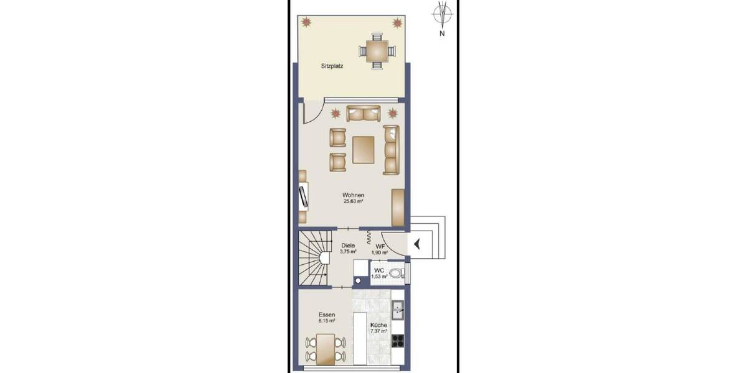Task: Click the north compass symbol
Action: point(442,14)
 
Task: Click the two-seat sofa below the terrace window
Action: point(364,114)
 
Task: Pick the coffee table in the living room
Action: point(364,150)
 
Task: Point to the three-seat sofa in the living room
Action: point(390,149)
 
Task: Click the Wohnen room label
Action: point(352,195)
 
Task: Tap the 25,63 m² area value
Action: point(352,201)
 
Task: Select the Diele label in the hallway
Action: point(348,245)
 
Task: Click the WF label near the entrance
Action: point(380,247)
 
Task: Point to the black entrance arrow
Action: point(416,244)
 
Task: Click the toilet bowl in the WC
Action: point(395,272)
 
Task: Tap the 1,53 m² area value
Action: point(379,276)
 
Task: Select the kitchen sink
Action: point(397,307)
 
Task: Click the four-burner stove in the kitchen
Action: point(397,339)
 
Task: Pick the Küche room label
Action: point(378,325)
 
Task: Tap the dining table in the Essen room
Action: point(324,349)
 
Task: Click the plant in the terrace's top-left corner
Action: point(306,22)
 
